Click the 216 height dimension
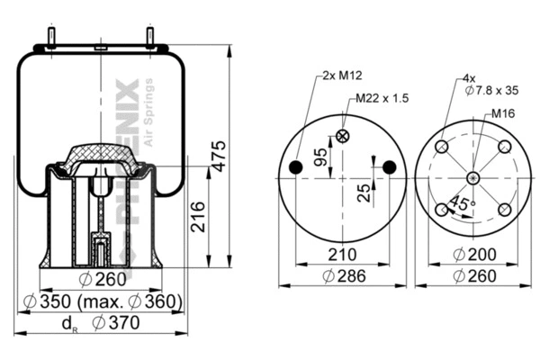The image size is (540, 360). (199, 217)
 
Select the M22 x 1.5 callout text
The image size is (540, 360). (382, 98)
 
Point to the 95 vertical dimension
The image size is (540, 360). (319, 157)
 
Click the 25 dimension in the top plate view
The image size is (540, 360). (363, 193)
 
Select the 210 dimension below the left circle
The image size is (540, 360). (342, 256)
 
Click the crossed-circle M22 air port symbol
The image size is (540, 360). (342, 137)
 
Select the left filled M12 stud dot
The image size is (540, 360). (297, 167)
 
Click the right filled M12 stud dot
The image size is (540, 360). (389, 167)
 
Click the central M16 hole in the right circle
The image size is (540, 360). (472, 177)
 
